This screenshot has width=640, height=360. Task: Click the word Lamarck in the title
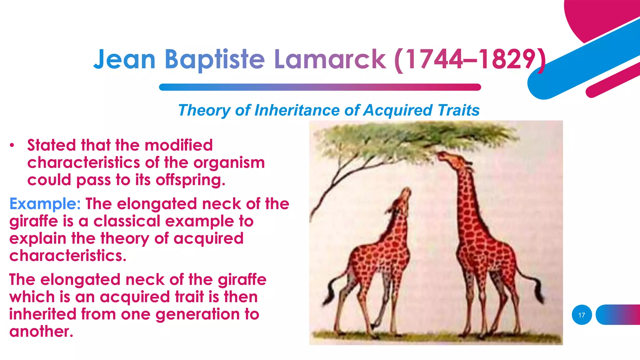[x=330, y=59]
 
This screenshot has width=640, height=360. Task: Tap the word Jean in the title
[x=124, y=59]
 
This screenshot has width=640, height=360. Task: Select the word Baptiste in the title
[x=215, y=59]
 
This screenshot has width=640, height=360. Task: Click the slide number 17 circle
[x=582, y=315]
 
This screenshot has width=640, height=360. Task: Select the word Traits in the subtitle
[x=458, y=110]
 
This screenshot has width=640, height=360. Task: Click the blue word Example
[x=45, y=204]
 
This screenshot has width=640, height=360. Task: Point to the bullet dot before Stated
[x=12, y=145]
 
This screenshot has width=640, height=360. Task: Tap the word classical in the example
[x=127, y=221]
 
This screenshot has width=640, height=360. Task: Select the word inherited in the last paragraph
[x=43, y=314]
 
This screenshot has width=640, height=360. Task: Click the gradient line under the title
[x=320, y=87]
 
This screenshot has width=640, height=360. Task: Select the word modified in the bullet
[x=178, y=145]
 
